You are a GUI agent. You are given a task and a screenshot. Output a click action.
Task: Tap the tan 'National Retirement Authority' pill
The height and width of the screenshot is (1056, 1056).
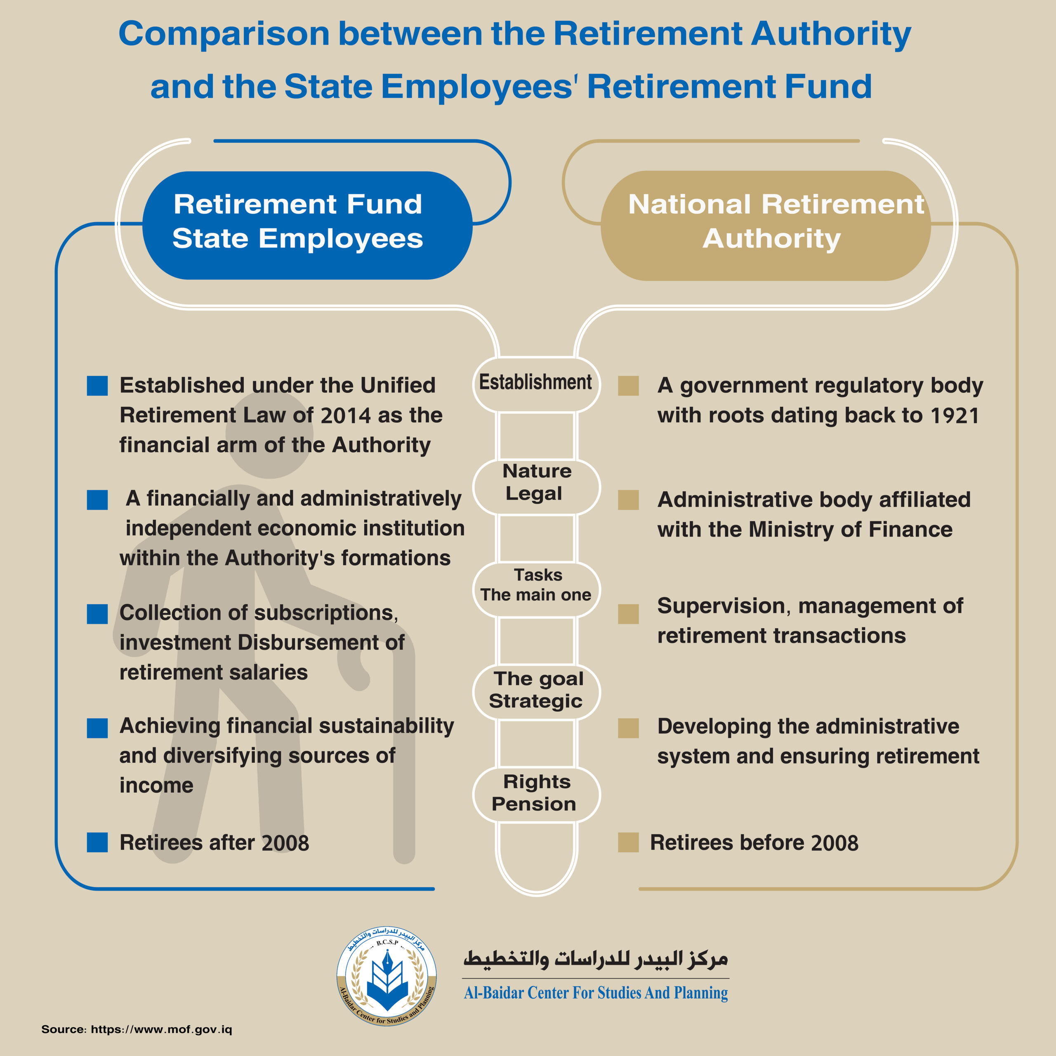(x=765, y=225)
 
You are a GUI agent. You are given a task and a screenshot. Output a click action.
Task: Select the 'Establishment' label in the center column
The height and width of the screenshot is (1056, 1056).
(x=536, y=383)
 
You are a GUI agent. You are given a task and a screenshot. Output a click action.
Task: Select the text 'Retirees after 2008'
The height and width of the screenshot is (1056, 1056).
(x=214, y=843)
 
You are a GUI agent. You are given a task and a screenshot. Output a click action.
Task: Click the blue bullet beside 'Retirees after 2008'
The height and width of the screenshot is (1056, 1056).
(x=97, y=842)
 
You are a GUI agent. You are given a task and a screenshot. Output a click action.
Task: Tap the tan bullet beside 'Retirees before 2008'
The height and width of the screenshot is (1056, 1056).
(x=628, y=842)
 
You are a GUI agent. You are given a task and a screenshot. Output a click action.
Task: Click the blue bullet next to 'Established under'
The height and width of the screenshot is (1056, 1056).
(x=97, y=385)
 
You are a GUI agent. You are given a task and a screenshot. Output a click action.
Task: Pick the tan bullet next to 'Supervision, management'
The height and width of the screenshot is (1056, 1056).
(x=628, y=614)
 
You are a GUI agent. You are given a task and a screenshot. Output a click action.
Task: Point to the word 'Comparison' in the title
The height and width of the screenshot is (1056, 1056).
(x=224, y=34)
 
